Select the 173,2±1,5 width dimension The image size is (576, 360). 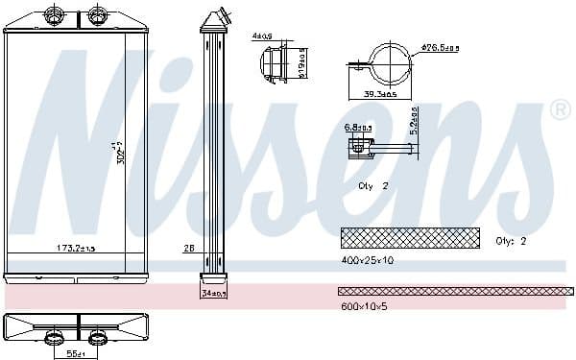tap(76, 249)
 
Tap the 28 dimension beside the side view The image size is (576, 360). tap(188, 249)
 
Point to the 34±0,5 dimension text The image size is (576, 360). tap(213, 294)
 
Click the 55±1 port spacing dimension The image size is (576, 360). tap(75, 353)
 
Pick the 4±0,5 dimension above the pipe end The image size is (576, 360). tap(263, 36)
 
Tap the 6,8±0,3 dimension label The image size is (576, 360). tap(358, 126)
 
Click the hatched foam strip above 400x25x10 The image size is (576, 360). tap(410, 236)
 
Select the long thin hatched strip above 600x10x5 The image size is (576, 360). tap(455, 290)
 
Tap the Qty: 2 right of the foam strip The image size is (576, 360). tap(512, 241)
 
